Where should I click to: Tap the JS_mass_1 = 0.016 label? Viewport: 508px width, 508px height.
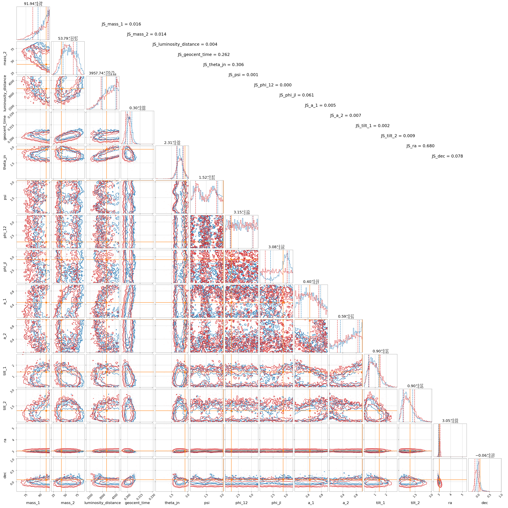click(x=121, y=24)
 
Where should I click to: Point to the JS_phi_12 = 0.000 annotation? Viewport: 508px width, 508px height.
click(x=273, y=85)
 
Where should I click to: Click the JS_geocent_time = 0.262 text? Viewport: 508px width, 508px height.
click(x=204, y=55)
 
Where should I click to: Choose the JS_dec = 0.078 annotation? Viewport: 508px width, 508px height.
click(x=447, y=156)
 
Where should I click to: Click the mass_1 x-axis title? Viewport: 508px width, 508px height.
click(x=33, y=503)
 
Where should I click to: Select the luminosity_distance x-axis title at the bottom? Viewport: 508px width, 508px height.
click(x=103, y=503)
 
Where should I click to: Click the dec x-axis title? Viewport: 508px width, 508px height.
click(x=485, y=503)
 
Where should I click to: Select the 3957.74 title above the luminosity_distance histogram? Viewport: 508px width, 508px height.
click(x=103, y=73)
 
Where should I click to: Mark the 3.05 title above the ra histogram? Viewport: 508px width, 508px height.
click(x=450, y=421)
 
